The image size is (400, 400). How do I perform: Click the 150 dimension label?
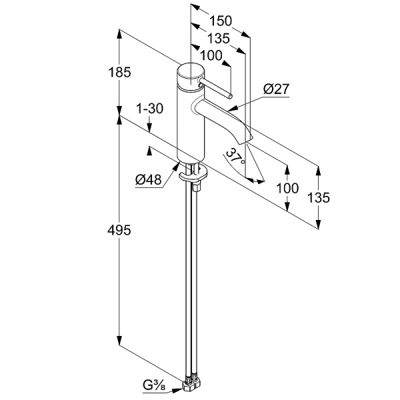click(221, 21)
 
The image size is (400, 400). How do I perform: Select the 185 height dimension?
click(119, 72)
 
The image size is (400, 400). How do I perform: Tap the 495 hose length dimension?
click(119, 231)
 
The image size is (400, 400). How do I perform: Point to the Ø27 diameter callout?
click(276, 89)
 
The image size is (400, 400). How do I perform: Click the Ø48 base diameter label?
click(148, 179)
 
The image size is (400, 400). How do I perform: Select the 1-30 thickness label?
click(150, 109)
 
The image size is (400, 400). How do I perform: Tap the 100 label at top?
click(211, 55)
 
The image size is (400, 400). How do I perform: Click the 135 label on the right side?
click(319, 198)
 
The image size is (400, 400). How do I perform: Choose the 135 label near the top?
click(219, 39)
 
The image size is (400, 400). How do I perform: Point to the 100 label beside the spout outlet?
click(287, 188)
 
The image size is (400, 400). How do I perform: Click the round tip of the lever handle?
click(230, 97)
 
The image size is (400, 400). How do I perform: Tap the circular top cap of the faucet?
click(191, 72)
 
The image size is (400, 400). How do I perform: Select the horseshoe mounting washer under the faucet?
click(193, 174)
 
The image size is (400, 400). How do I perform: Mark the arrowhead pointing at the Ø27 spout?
click(233, 109)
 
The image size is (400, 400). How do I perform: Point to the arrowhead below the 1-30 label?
click(150, 127)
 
